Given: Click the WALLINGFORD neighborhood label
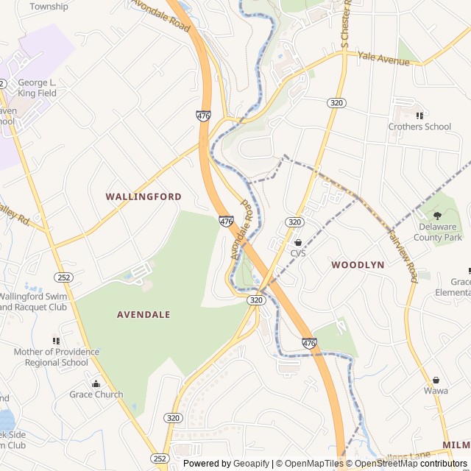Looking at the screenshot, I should point(144,196).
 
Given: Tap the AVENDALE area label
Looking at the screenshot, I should point(144,314).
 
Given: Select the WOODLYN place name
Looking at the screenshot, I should point(358,264).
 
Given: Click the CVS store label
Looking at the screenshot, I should point(297,253).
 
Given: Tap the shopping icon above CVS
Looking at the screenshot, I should point(297,242).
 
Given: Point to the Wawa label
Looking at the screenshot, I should point(436,391).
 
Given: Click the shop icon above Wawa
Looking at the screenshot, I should point(436,380).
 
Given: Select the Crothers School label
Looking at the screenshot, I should point(419,127).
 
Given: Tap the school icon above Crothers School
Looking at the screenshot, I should point(419,116).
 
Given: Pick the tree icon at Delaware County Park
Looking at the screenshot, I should point(437,216).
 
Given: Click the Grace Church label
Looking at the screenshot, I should point(96,394).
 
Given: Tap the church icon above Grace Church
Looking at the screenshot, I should point(96,383).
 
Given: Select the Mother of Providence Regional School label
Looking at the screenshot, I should point(56,357).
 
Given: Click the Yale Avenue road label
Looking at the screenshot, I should point(383,58).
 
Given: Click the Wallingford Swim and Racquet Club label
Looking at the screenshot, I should point(37,302).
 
